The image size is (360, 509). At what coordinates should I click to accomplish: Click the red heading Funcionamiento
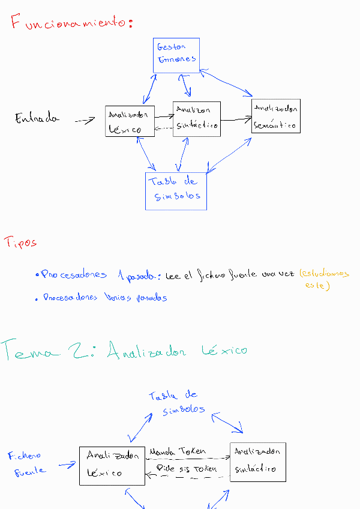tap(71, 23)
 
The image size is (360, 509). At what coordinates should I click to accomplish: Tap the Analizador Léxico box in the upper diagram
tap(130, 120)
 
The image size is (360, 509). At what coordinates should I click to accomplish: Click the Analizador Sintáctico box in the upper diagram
tap(197, 118)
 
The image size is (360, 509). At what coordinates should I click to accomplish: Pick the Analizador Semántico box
tap(276, 116)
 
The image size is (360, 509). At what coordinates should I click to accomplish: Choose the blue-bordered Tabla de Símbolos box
tap(176, 191)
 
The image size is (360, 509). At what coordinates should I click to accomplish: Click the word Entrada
tap(37, 118)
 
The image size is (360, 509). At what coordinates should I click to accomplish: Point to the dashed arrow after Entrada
tap(85, 121)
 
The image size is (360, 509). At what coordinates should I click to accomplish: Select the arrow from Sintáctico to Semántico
tap(236, 119)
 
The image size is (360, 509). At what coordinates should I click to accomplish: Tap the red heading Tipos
tap(21, 242)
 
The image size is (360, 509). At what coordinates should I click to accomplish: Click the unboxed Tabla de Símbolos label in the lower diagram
tap(176, 402)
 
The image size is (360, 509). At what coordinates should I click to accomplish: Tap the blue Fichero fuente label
tap(27, 463)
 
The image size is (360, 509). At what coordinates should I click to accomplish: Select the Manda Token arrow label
tap(177, 451)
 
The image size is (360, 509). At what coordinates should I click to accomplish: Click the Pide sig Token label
tap(186, 468)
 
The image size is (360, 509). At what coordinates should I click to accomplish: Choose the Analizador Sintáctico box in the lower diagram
tap(257, 462)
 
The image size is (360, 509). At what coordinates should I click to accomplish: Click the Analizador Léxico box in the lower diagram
tap(112, 465)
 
